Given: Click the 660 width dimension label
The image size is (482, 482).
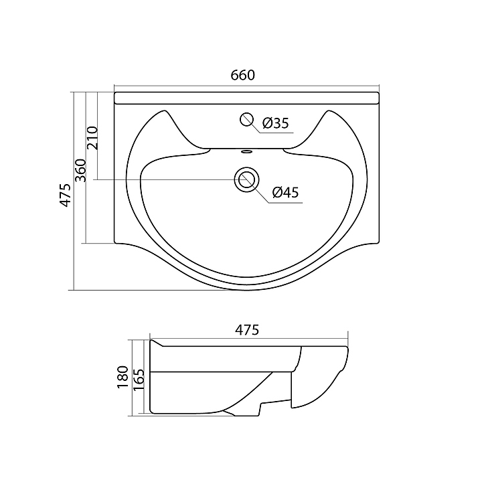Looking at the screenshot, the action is [x=243, y=75].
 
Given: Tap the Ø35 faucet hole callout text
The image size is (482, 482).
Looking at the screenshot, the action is [x=276, y=123].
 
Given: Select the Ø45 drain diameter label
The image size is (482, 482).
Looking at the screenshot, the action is [x=286, y=192].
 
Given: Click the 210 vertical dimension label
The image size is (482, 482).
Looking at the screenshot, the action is [x=92, y=138].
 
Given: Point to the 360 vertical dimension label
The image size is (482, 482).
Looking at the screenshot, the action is [x=81, y=170].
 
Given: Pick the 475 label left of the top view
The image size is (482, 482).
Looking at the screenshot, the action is [x=65, y=195].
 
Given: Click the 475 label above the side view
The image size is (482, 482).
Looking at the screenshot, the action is [x=247, y=330].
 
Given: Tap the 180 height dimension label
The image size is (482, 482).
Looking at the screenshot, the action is [x=123, y=377].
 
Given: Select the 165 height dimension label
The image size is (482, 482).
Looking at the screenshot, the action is [x=139, y=380].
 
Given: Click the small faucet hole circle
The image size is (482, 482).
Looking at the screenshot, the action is [x=246, y=120].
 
